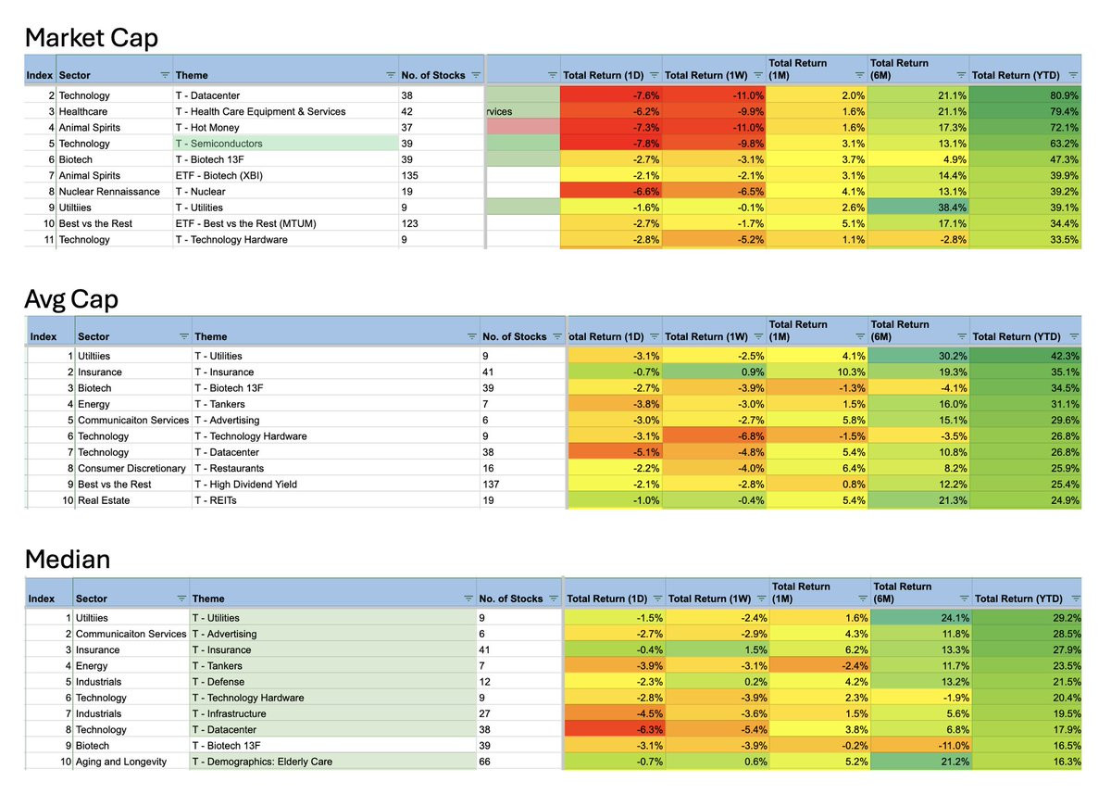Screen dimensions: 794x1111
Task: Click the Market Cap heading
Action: (x=91, y=38)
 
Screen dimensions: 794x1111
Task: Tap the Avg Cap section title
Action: (x=71, y=299)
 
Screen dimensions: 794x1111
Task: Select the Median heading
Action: (x=68, y=560)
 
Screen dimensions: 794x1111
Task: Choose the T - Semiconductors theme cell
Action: (x=218, y=144)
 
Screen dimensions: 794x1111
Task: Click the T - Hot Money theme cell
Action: (x=206, y=128)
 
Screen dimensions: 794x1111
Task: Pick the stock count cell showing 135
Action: (x=409, y=176)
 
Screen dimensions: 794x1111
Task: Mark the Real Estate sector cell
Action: (x=104, y=500)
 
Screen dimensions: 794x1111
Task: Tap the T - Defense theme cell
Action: (x=218, y=682)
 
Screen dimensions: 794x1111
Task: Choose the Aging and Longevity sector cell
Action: (x=121, y=762)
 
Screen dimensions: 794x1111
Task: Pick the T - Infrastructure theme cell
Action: (x=229, y=714)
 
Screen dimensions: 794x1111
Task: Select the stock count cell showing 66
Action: (x=484, y=762)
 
